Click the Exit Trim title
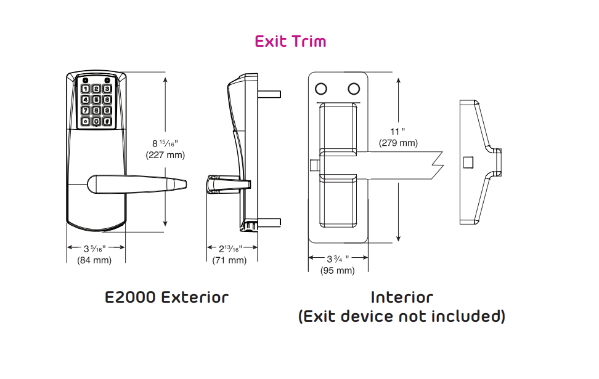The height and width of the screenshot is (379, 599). (x=290, y=41)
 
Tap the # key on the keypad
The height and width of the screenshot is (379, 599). (x=107, y=121)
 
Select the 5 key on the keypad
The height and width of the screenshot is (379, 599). (x=96, y=100)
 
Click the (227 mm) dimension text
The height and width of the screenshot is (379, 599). (x=165, y=155)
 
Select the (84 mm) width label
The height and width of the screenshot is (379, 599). (x=94, y=260)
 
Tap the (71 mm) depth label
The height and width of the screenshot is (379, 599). (x=229, y=260)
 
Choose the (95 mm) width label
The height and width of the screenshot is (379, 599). (x=338, y=271)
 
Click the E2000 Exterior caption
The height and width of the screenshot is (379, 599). (x=166, y=297)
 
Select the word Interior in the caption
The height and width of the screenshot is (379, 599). (x=402, y=297)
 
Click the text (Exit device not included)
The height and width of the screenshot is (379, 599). (x=402, y=316)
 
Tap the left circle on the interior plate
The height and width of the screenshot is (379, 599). (x=322, y=89)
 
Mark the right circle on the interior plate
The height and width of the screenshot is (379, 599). (x=354, y=89)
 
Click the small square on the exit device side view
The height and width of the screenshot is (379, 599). (x=468, y=162)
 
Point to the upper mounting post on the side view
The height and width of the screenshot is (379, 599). (x=270, y=95)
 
